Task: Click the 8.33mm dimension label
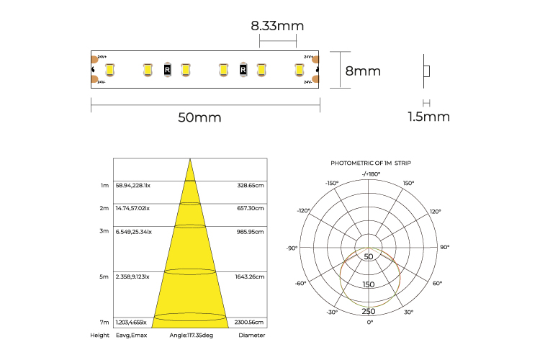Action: click(x=277, y=26)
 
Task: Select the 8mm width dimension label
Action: click(x=363, y=71)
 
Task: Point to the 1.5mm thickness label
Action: click(x=428, y=117)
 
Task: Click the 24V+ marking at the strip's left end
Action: click(x=102, y=56)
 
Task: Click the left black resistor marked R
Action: click(x=168, y=70)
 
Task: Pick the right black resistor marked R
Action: click(x=243, y=70)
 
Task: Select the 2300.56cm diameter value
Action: click(x=250, y=322)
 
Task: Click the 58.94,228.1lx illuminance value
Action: click(x=133, y=185)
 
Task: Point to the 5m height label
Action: click(x=104, y=276)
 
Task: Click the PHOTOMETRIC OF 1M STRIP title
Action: click(x=370, y=163)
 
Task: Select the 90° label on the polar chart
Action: click(x=444, y=248)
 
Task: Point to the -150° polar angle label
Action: click(x=331, y=184)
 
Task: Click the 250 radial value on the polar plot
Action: click(x=369, y=311)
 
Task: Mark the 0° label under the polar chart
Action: click(x=370, y=323)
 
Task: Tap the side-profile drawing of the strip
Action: click(x=426, y=71)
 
